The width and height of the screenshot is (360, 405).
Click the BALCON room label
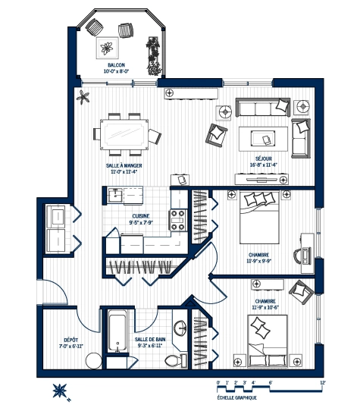[116, 65]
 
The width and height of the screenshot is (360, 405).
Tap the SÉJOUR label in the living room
[264, 159]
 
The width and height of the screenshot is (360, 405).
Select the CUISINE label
[141, 216]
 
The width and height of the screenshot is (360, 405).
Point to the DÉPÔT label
[71, 341]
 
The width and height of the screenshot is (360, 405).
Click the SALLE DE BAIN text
[150, 339]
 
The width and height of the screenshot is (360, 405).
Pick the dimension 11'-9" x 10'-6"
[265, 307]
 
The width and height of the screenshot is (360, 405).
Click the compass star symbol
[60, 391]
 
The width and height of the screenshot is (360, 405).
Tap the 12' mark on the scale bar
[323, 382]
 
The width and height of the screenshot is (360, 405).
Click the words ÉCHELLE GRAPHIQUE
[237, 397]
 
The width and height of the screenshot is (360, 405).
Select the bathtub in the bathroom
[117, 331]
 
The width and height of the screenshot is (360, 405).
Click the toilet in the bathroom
[176, 360]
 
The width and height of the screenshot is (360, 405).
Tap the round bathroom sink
[180, 328]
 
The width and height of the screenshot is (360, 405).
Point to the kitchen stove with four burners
[178, 220]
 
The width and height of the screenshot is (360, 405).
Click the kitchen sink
[115, 195]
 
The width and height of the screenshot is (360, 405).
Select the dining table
[124, 134]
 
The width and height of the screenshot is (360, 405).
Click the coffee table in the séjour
[263, 139]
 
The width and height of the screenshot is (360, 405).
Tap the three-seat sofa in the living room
[263, 107]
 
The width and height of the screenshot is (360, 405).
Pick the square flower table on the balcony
[108, 48]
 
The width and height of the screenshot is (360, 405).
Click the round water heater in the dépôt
[93, 361]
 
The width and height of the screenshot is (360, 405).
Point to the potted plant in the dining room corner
[83, 97]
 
